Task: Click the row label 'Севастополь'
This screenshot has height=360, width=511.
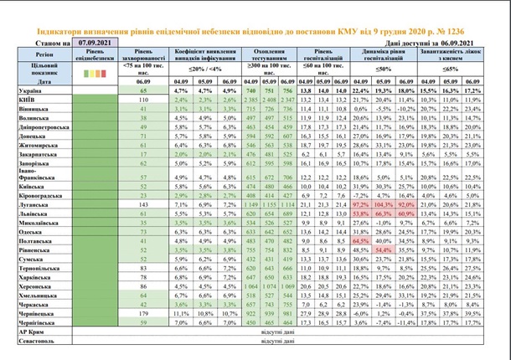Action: point(29,342)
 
